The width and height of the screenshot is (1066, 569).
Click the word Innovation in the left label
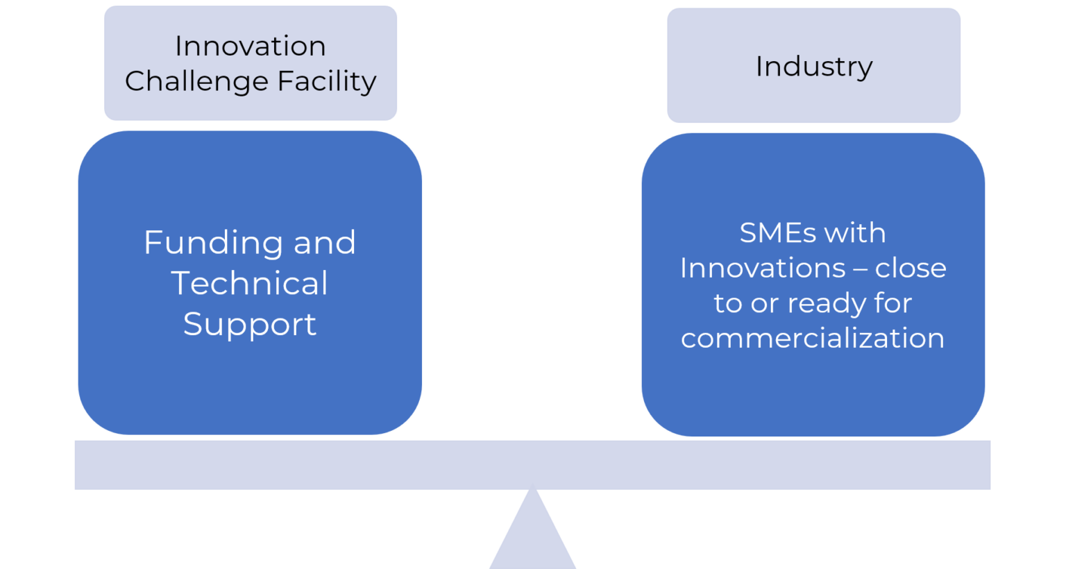click(x=250, y=46)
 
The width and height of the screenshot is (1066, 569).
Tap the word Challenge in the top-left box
click(x=196, y=81)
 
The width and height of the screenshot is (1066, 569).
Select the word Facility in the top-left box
click(x=327, y=81)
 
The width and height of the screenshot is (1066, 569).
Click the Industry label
click(x=813, y=67)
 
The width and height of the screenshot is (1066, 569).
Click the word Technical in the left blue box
click(x=249, y=283)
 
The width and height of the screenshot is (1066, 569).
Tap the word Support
click(x=249, y=325)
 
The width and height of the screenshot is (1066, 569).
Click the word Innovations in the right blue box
click(x=762, y=269)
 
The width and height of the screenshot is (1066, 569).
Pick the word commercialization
click(x=812, y=338)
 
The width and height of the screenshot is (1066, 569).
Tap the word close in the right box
click(x=910, y=269)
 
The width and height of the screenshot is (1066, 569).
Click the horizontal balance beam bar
click(x=532, y=464)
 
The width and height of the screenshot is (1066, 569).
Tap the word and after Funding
click(x=324, y=244)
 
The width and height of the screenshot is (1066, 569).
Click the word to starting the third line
click(x=727, y=304)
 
